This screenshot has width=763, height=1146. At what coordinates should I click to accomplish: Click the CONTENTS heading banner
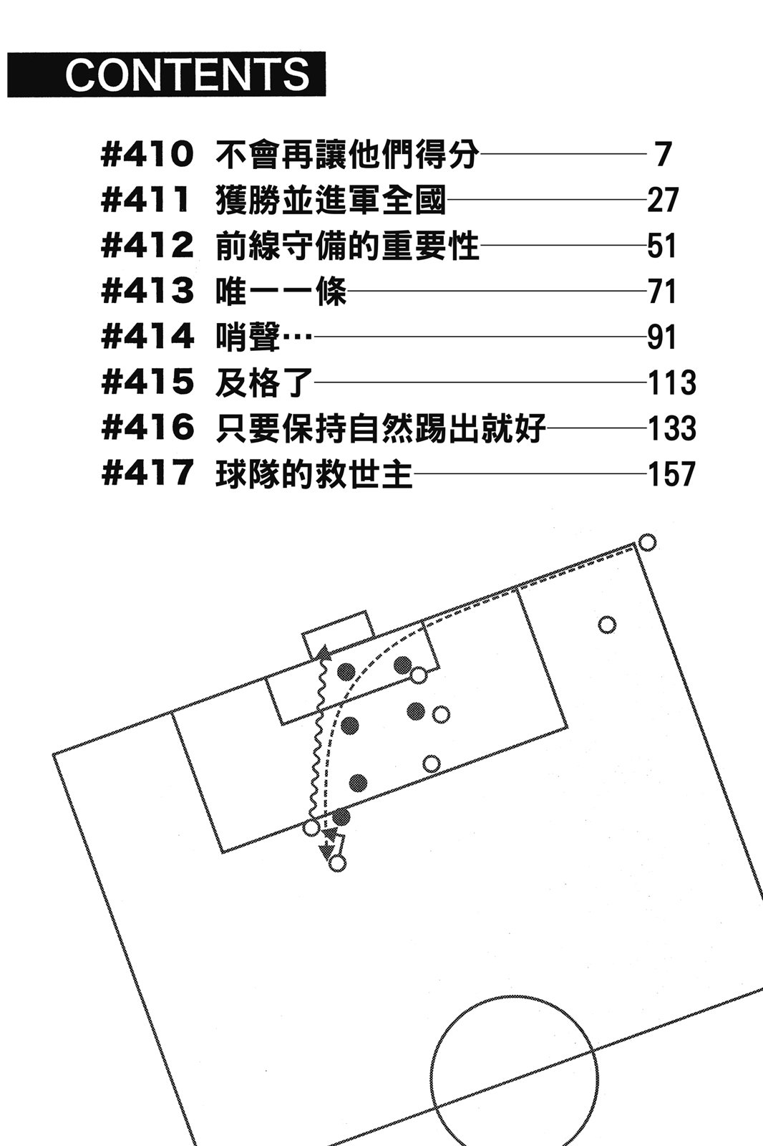point(167,74)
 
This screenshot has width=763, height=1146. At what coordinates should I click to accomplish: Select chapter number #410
point(148,155)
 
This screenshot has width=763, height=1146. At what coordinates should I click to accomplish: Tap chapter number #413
point(148,292)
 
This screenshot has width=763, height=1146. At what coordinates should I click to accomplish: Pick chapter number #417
point(148,473)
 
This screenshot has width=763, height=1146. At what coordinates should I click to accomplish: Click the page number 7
point(662,155)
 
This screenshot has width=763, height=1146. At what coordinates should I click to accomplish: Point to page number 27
point(662,201)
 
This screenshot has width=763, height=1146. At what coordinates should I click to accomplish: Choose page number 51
point(662,246)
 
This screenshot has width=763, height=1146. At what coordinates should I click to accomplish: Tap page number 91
point(662,337)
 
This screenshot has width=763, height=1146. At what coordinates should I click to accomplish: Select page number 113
point(671,382)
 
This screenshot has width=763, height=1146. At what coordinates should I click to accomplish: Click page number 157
point(671,474)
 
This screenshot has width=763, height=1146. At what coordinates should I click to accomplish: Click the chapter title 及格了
point(264,382)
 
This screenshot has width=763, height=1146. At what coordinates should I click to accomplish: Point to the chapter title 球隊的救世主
point(314,474)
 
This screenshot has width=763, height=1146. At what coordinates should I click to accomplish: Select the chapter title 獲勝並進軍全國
point(330,201)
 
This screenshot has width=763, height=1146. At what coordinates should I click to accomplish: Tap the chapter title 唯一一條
point(281,292)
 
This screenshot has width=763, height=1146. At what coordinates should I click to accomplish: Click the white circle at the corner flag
point(646,542)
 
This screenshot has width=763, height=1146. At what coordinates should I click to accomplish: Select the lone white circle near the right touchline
point(607,625)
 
